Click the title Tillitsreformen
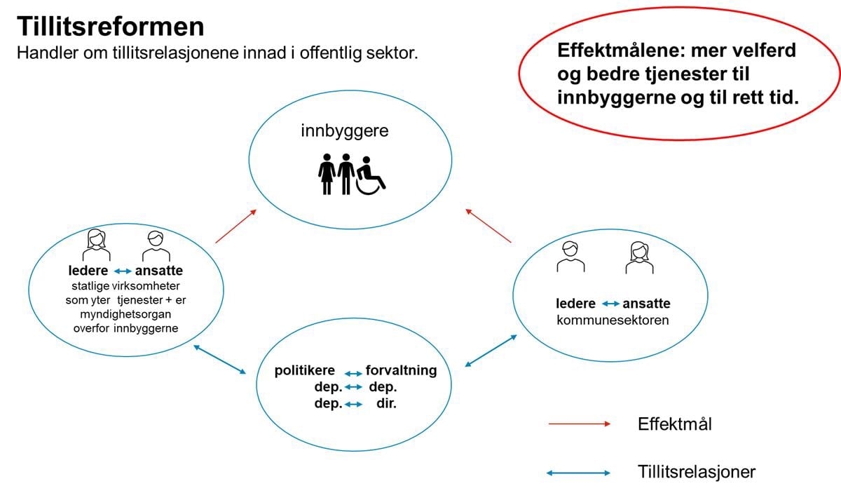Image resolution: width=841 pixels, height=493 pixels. pyautogui.click(x=110, y=27)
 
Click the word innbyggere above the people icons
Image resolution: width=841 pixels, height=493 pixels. pyautogui.click(x=344, y=131)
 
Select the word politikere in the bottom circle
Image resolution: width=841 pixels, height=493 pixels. pyautogui.click(x=305, y=371)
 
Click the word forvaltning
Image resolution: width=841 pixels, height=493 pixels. pyautogui.click(x=401, y=371)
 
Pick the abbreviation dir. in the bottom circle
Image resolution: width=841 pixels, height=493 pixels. pyautogui.click(x=386, y=403)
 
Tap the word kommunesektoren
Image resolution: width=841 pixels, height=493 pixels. pyautogui.click(x=613, y=320)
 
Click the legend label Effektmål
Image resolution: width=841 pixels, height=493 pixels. pyautogui.click(x=674, y=424)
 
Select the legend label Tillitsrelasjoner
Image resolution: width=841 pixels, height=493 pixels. pyautogui.click(x=697, y=472)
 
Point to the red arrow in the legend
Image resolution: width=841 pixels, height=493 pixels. pyautogui.click(x=580, y=424)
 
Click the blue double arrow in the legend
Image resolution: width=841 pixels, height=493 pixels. pyautogui.click(x=579, y=473)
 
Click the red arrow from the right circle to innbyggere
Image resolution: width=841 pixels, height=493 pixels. pyautogui.click(x=488, y=225)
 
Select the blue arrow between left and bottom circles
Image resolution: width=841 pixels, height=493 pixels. pyautogui.click(x=220, y=359)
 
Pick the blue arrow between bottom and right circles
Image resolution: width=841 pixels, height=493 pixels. pyautogui.click(x=491, y=351)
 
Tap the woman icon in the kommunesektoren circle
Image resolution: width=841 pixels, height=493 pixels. pyautogui.click(x=638, y=257)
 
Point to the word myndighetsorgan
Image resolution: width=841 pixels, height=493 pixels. pyautogui.click(x=125, y=315)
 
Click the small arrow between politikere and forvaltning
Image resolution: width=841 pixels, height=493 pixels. pyautogui.click(x=353, y=373)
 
